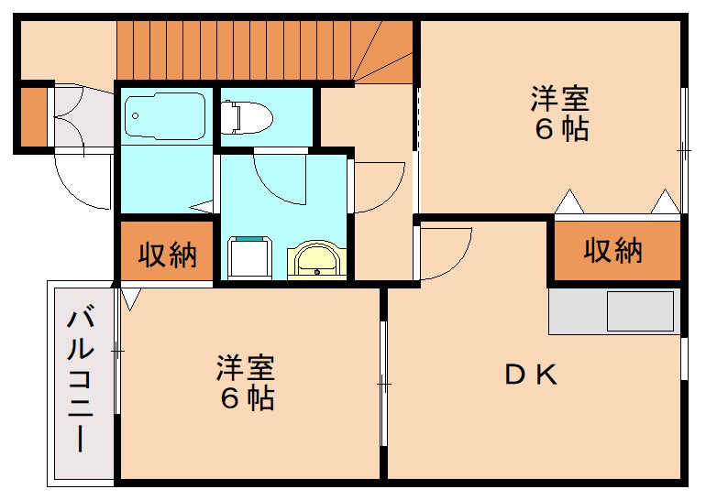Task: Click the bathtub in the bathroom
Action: [164, 117]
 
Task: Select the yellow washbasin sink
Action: [317, 261]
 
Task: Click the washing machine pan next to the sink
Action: [250, 259]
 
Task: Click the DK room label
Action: [532, 375]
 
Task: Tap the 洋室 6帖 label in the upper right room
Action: [559, 113]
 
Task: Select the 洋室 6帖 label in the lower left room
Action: [246, 383]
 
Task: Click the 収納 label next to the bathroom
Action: [168, 255]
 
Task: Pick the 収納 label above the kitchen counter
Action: [613, 249]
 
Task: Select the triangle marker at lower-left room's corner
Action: [129, 297]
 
